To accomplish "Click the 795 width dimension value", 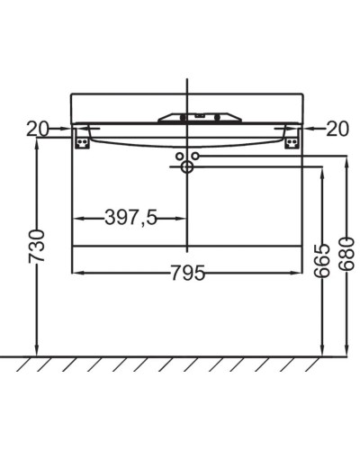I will coord(187,272).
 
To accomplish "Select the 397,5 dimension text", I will coord(130,219).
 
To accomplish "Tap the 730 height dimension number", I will coord(36,246).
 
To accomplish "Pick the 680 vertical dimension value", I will coord(346,255).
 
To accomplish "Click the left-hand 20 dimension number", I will coord(37,130).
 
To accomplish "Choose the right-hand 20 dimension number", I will coord(336,130).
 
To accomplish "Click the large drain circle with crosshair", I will coord(187,166).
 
